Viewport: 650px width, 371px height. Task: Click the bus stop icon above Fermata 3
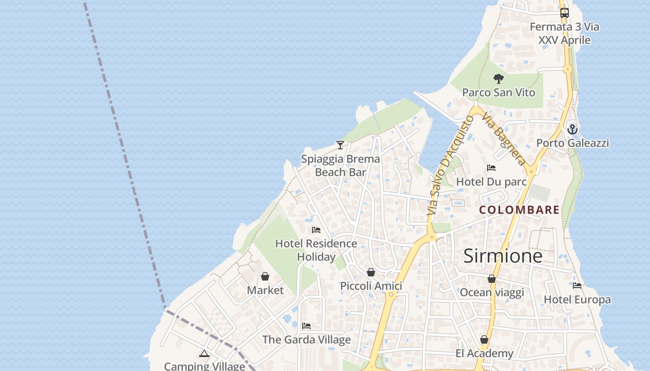pyautogui.click(x=564, y=13)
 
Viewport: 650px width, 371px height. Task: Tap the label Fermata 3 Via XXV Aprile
pyautogui.click(x=564, y=33)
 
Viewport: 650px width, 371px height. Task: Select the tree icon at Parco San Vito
pyautogui.click(x=499, y=79)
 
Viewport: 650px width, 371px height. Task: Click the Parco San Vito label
pyautogui.click(x=499, y=93)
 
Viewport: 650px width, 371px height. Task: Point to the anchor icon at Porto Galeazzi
pyautogui.click(x=572, y=129)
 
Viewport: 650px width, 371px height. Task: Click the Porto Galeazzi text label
pyautogui.click(x=572, y=143)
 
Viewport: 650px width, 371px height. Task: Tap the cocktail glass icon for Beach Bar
pyautogui.click(x=340, y=145)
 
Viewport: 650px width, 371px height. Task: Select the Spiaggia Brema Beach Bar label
pyautogui.click(x=340, y=166)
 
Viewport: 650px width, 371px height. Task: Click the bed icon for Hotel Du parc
pyautogui.click(x=491, y=168)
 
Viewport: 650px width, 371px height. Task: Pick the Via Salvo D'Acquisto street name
pyautogui.click(x=450, y=165)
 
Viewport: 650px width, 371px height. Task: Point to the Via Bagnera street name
pyautogui.click(x=504, y=139)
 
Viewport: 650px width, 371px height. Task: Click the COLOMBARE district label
pyautogui.click(x=519, y=210)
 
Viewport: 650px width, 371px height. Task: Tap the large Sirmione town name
pyautogui.click(x=503, y=256)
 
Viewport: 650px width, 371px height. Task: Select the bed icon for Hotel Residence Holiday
pyautogui.click(x=316, y=230)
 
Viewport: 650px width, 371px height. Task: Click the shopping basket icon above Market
pyautogui.click(x=265, y=277)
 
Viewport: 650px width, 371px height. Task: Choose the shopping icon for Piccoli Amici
pyautogui.click(x=370, y=272)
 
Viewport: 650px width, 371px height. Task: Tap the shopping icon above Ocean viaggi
pyautogui.click(x=492, y=279)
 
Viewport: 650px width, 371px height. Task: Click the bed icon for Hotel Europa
pyautogui.click(x=577, y=286)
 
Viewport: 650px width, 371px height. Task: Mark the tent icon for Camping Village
pyautogui.click(x=204, y=354)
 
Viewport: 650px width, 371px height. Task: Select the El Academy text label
pyautogui.click(x=484, y=354)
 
